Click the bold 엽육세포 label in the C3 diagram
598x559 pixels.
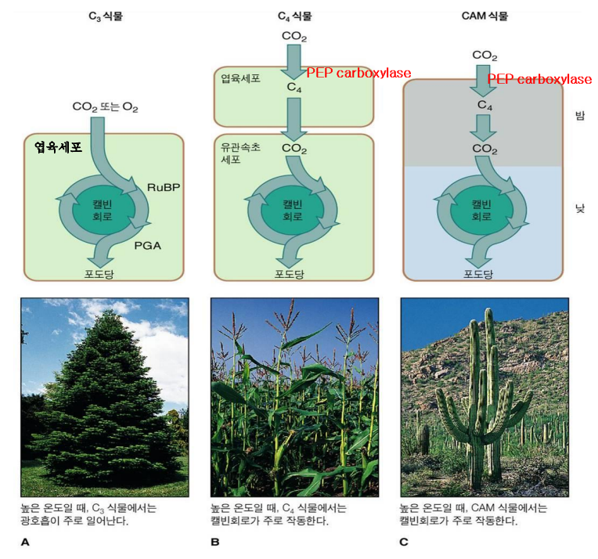[58, 146]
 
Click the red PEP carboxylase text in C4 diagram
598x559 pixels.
[358, 73]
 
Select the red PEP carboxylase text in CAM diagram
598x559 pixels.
[539, 79]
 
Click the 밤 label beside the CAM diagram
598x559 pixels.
[580, 115]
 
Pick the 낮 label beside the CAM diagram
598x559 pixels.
[580, 211]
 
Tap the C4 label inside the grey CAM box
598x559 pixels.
[485, 103]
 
